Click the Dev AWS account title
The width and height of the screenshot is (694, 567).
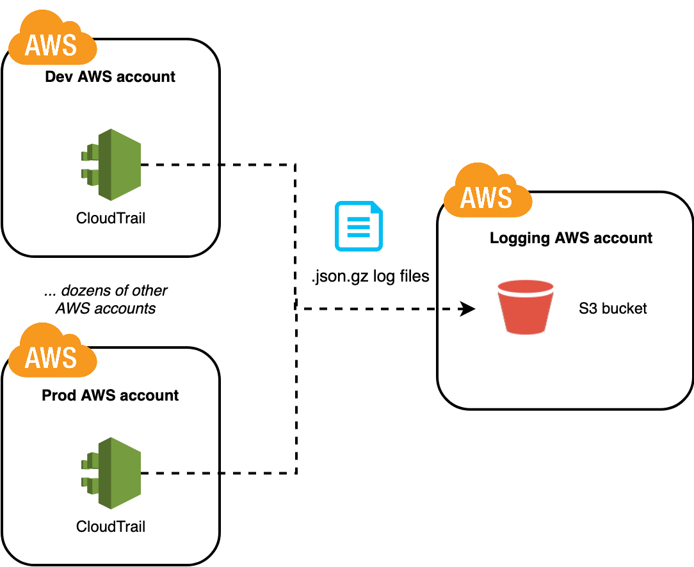(110, 77)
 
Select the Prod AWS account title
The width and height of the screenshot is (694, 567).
(110, 395)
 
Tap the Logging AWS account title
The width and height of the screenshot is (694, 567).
(570, 238)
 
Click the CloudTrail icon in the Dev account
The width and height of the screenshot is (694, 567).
(111, 164)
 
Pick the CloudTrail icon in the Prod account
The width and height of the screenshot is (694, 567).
(111, 473)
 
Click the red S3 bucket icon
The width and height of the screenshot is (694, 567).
(525, 308)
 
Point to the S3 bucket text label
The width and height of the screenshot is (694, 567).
(613, 308)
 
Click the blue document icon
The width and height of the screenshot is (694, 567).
(359, 226)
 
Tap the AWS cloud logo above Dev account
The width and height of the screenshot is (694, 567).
(51, 42)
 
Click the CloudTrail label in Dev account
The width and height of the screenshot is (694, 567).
(111, 218)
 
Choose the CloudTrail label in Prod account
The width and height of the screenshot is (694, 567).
(111, 527)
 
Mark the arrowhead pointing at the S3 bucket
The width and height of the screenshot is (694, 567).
(468, 310)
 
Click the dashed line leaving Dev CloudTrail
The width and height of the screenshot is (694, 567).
(180, 164)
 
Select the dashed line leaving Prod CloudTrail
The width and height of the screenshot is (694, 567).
(180, 474)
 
